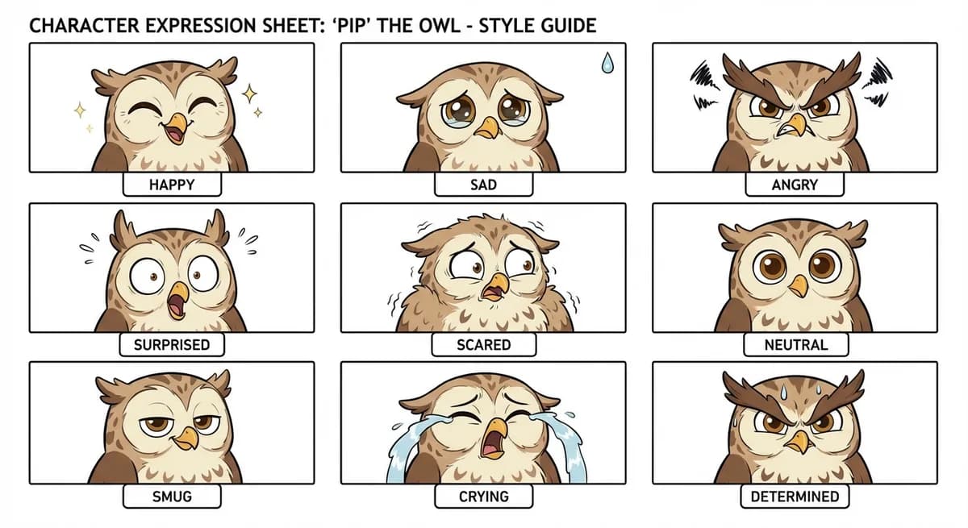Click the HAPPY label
pos(171,185)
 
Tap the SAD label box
pos(483,185)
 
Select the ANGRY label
pos(795,185)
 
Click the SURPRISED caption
pos(171,344)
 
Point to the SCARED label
pos(483,344)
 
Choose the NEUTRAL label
pos(795,344)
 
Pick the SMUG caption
pos(171,497)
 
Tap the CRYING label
pos(483,497)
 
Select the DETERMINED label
pos(795,497)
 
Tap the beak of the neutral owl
pos(799,285)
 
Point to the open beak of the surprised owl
pos(176,300)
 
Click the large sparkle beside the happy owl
pos(249,94)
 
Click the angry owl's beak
pos(797,126)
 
